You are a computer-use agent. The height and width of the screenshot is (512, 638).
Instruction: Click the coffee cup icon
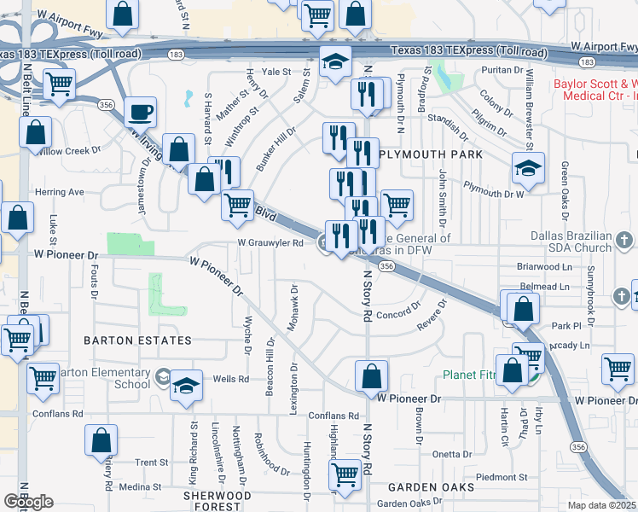[x=140, y=113]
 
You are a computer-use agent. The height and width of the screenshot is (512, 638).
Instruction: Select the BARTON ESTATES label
[x=137, y=340]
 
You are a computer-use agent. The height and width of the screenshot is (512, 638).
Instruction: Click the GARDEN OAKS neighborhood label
[x=431, y=487]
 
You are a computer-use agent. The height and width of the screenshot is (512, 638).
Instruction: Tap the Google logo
[x=28, y=502]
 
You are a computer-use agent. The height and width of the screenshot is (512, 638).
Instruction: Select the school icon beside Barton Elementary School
[x=185, y=387]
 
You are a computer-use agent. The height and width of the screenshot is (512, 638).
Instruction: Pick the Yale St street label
[x=276, y=72]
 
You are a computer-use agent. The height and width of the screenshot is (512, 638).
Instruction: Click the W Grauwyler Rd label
[x=270, y=242]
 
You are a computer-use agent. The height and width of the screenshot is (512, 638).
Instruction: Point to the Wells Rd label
[x=230, y=378]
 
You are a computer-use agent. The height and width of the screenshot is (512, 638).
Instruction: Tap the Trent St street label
[x=152, y=463]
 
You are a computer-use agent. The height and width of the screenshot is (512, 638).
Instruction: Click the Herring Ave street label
[x=60, y=192]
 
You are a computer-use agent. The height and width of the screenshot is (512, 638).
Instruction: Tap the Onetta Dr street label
[x=447, y=454]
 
